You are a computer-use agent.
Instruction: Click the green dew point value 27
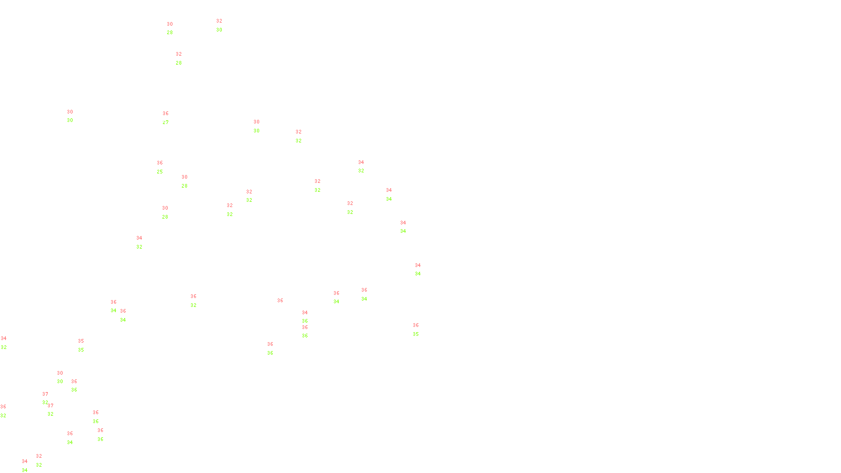[x=166, y=122]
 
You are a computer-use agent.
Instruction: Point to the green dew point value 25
[x=160, y=172]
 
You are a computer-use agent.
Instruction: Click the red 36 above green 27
[x=166, y=114]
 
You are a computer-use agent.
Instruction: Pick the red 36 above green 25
[x=160, y=163]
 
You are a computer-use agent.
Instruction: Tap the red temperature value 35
[x=81, y=341]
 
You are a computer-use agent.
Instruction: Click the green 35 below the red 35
[x=81, y=350]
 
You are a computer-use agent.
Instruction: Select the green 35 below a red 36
[x=416, y=334]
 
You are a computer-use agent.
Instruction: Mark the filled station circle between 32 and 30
[x=224, y=25]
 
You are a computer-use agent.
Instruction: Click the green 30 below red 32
[x=219, y=30]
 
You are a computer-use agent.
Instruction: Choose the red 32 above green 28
[x=179, y=54]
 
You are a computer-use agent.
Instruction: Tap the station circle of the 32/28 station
[x=183, y=59]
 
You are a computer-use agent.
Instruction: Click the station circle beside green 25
[x=165, y=168]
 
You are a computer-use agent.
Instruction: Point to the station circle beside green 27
[x=171, y=118]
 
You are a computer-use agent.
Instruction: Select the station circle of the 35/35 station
[x=86, y=346]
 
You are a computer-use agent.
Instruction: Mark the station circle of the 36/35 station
[x=420, y=330]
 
